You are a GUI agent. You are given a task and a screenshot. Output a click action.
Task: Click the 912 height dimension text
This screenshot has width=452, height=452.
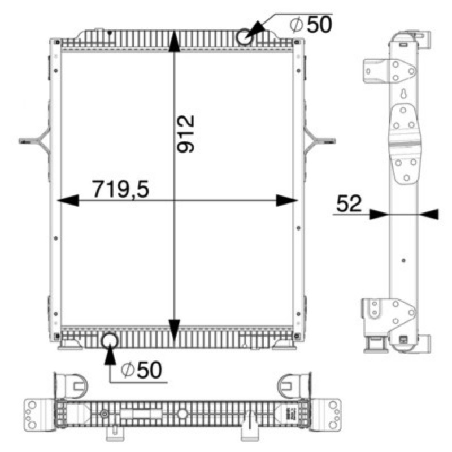click(186, 134)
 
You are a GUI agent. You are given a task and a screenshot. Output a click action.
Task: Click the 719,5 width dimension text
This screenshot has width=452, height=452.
click(120, 189)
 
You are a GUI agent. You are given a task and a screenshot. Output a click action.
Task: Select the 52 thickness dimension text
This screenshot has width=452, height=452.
click(349, 203)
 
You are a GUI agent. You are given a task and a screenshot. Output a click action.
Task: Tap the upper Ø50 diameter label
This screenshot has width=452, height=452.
click(311, 24)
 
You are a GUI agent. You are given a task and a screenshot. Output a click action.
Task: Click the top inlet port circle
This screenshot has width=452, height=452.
click(245, 37)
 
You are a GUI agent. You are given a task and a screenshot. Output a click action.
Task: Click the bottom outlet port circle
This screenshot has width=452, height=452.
click(110, 341)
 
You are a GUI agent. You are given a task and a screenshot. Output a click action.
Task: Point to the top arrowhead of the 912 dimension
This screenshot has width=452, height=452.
click(174, 42)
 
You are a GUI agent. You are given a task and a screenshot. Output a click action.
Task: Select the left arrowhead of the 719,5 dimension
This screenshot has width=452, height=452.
click(68, 201)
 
